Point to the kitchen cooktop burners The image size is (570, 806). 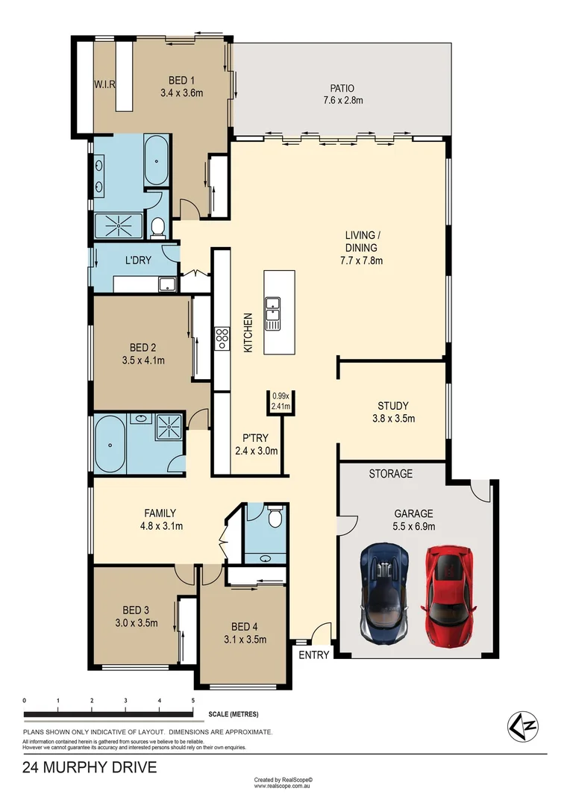tap(222, 339)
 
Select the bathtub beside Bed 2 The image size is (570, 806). tap(110, 446)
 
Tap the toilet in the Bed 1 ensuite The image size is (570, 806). tap(157, 227)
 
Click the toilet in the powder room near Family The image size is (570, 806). tap(274, 516)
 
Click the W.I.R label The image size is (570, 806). tap(104, 84)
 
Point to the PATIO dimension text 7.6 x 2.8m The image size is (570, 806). tap(343, 100)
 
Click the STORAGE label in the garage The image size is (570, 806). tap(390, 474)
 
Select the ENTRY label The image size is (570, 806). tap(313, 655)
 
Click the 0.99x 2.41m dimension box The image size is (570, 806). tap(281, 402)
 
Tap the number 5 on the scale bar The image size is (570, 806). tap(192, 701)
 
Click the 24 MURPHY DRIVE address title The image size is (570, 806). tap(90, 767)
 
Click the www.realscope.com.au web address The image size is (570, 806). tap(286, 786)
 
